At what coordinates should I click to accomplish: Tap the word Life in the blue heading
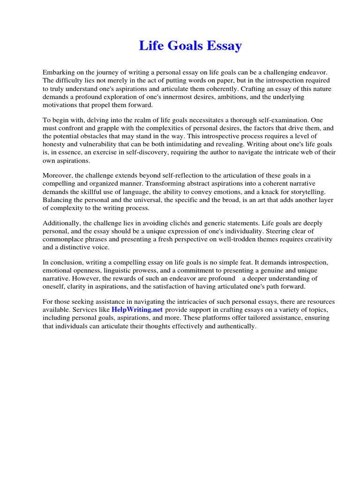tap(150, 46)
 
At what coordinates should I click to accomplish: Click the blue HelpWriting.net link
tap(137, 310)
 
